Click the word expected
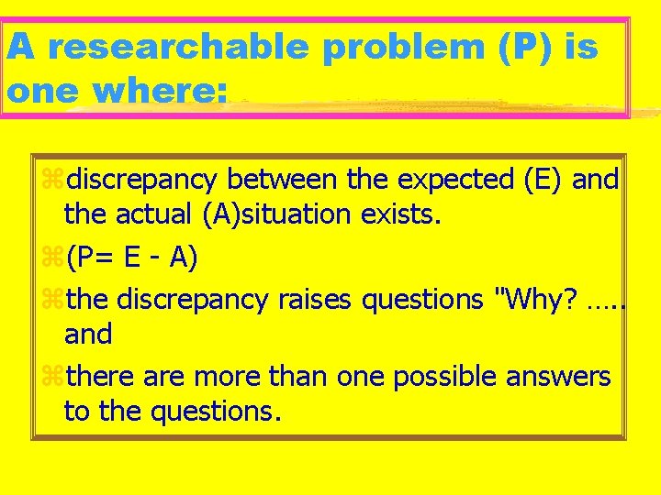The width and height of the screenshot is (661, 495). [450, 181]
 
